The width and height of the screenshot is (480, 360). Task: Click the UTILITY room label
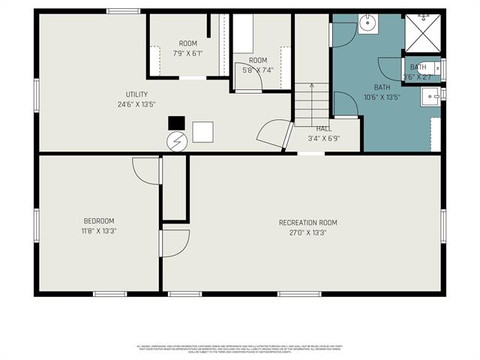(x=136, y=94)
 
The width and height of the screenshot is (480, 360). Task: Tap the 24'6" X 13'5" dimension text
(x=136, y=103)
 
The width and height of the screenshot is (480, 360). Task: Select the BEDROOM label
(x=99, y=220)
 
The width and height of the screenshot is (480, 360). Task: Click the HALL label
(x=324, y=129)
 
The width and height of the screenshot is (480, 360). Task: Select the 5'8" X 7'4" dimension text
(x=257, y=70)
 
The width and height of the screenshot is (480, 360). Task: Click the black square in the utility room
(x=176, y=122)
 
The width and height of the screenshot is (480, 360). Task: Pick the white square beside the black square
(x=202, y=132)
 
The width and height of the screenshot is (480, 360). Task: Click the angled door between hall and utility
(x=274, y=135)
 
